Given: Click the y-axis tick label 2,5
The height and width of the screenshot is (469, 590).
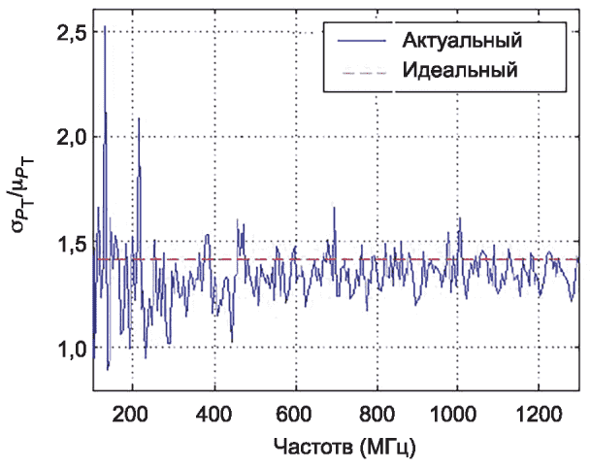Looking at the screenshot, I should point(73,32).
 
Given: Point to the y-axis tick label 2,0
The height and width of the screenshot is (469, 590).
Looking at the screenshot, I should point(73,137).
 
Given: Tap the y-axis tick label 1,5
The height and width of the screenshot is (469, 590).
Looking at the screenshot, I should point(73,243).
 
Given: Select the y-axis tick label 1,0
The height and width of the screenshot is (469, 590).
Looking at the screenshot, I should point(73,349).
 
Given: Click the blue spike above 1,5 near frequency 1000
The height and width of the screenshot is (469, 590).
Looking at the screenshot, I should point(460,219).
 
